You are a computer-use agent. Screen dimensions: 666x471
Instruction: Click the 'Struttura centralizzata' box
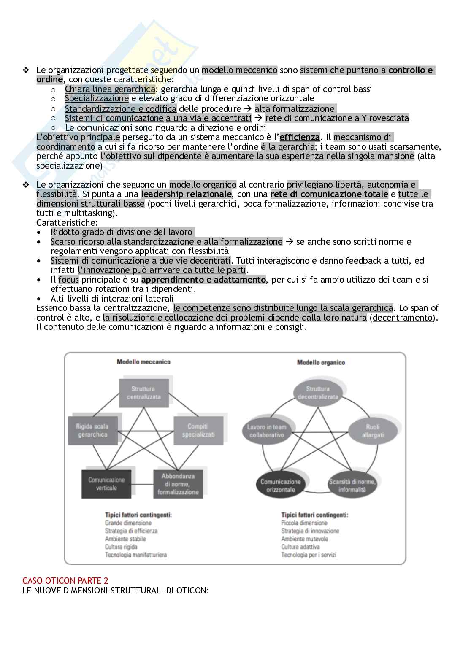pos(143,393)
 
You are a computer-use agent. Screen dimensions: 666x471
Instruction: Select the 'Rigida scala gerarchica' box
pos(92,430)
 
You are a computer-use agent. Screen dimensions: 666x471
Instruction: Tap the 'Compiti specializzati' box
pos(198,430)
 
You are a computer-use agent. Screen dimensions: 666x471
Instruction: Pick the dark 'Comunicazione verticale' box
pos(106,483)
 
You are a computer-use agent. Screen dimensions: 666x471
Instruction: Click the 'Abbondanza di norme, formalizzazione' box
pos(178,484)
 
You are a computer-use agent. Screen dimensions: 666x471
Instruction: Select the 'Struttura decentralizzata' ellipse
pos(318,393)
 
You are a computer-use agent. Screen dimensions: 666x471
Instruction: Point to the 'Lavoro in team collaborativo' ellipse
pos(267,431)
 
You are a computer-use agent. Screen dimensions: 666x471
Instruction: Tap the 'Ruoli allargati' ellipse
pos(372,431)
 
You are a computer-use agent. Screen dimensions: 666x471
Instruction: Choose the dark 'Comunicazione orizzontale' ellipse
pos(281,485)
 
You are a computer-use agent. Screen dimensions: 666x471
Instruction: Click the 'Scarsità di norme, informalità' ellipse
pos(352,485)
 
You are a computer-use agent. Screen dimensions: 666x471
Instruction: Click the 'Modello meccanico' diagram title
pos(143,362)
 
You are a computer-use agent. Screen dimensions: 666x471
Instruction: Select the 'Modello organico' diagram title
pos(321,362)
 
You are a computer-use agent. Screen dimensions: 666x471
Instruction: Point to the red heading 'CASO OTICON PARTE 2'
pos(65,581)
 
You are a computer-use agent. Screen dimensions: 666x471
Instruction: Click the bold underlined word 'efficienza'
pos(300,137)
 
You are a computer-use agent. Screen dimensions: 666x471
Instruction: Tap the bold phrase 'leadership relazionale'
pos(186,194)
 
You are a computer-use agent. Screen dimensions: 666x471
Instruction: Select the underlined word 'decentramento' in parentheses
pos(403,318)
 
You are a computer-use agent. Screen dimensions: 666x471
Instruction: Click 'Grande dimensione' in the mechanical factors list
pos(128,523)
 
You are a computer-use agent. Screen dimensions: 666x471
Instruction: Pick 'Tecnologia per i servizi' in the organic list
pos(309,555)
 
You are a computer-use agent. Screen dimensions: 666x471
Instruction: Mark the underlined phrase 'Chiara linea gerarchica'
pos(110,89)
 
